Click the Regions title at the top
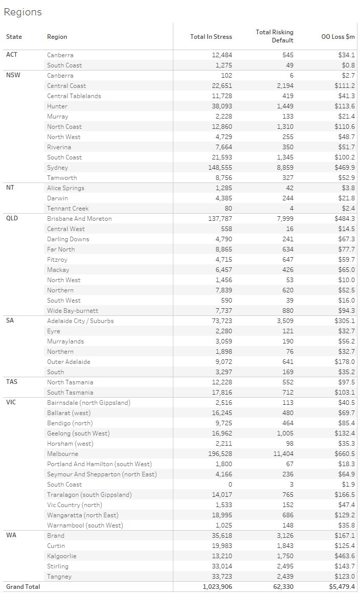[x=22, y=12]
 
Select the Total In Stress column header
[x=211, y=37]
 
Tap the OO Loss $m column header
[x=338, y=37]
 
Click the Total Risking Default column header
[x=275, y=36]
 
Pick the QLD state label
[x=12, y=218]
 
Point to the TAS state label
[x=12, y=382]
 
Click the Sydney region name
[x=57, y=168]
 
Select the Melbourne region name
[x=62, y=454]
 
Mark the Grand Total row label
[x=23, y=587]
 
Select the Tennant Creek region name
[x=67, y=209]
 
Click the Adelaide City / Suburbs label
[x=80, y=321]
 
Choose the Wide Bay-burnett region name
[x=73, y=311]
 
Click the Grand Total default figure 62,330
[x=283, y=587]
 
